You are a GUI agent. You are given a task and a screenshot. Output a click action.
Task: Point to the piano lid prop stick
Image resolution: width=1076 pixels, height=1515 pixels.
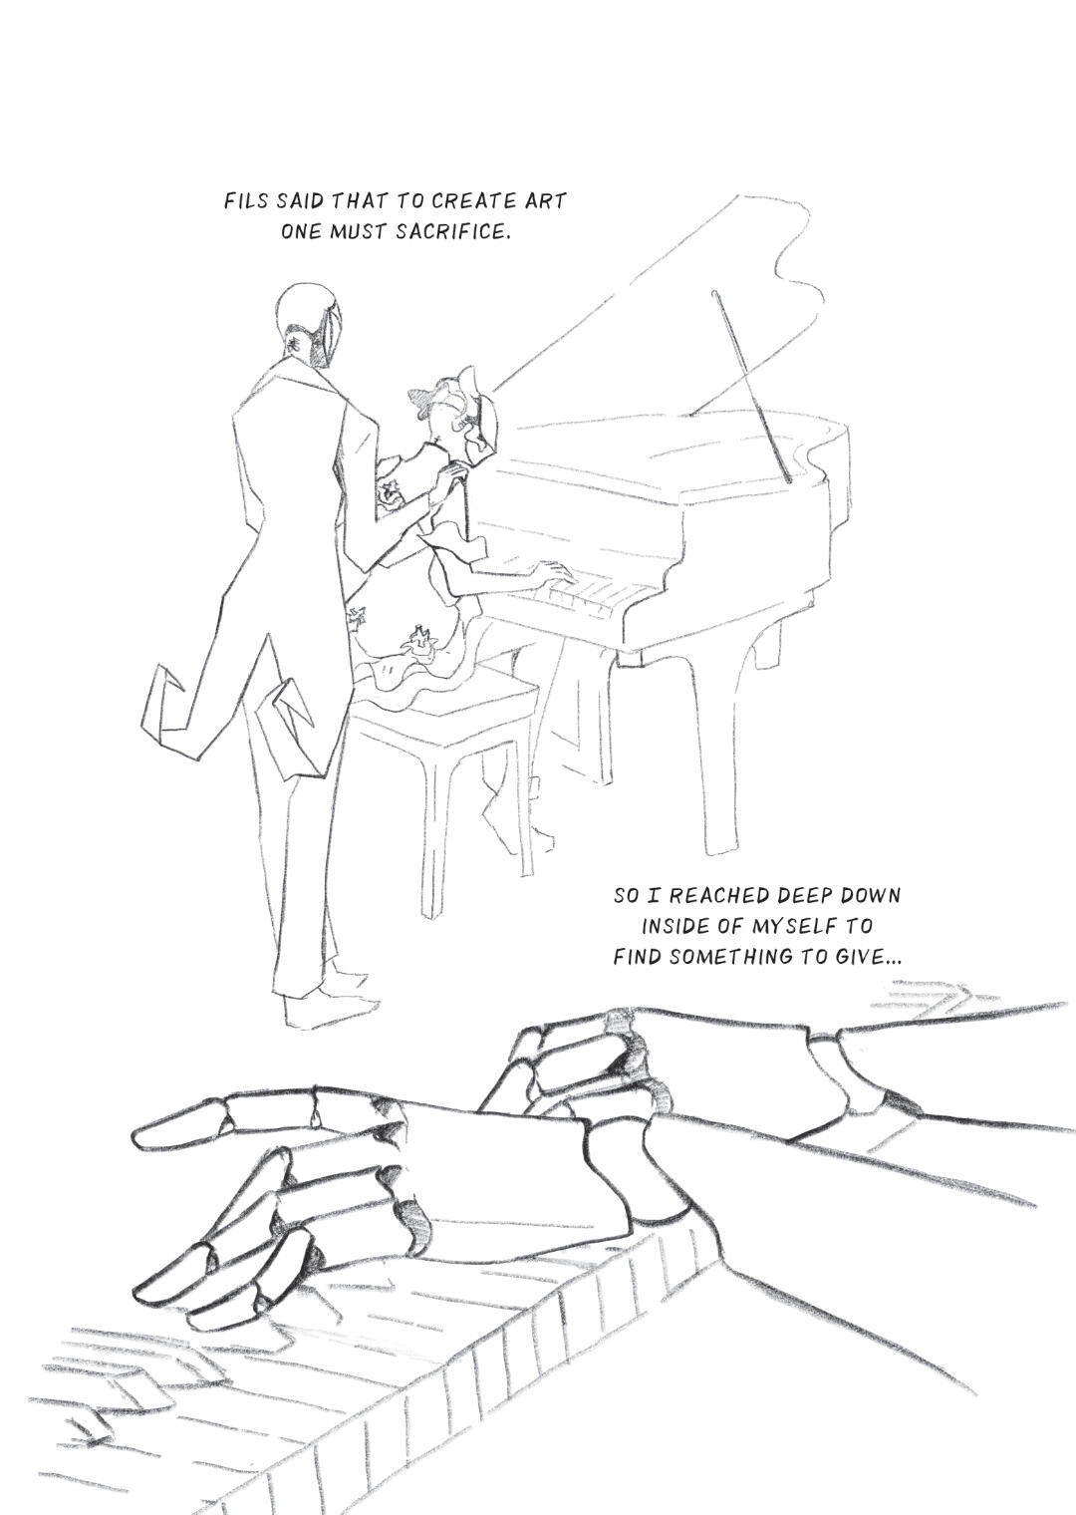point(751,386)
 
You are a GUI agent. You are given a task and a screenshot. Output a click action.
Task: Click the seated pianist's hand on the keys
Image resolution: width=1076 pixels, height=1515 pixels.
point(553,573)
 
